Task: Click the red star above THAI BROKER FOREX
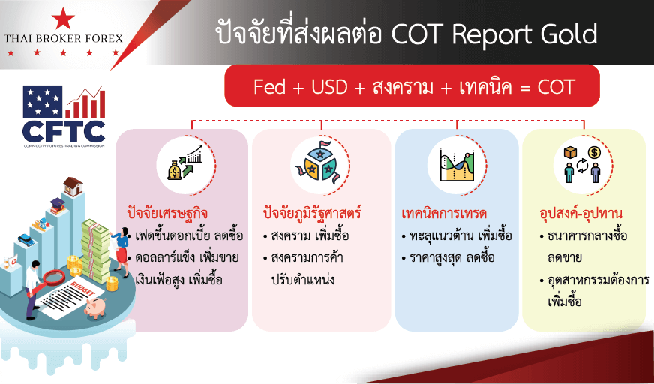tap(64, 18)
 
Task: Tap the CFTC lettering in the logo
tap(64, 131)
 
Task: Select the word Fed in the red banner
tap(270, 87)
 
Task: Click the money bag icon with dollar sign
tap(174, 171)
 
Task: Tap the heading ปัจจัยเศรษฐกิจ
tap(167, 214)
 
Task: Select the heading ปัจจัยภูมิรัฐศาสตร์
tap(311, 214)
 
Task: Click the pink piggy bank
tap(95, 308)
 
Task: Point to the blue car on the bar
tap(25, 240)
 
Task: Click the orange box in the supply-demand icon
tap(570, 153)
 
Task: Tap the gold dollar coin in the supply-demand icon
tap(594, 153)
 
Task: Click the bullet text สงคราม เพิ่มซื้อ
tap(306, 235)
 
